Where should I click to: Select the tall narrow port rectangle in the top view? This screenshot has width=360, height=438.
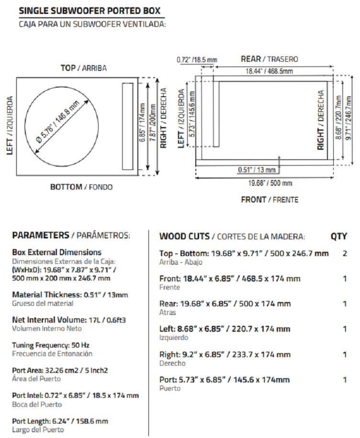point(128,126)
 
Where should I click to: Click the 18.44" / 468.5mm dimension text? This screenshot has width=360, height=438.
point(269,71)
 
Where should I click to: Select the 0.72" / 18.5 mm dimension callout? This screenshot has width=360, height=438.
point(196,60)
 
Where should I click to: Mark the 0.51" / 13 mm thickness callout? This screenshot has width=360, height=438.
point(257,170)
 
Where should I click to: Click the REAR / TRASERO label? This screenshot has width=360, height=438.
point(269,59)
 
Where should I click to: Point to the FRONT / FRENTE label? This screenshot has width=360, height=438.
point(269,200)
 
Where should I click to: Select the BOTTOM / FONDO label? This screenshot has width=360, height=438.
point(81,187)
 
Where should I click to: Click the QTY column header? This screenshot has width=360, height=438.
point(338,236)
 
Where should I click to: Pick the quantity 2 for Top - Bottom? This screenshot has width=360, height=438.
point(344,253)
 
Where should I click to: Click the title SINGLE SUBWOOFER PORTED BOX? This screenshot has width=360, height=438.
point(90,11)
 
